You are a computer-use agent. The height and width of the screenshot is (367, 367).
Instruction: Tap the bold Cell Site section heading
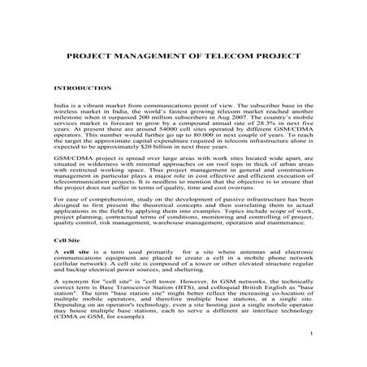(x=67, y=241)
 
